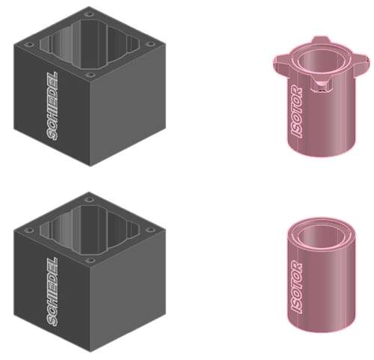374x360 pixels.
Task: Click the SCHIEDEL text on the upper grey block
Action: click(52, 106)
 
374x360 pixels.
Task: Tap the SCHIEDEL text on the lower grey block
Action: click(52, 292)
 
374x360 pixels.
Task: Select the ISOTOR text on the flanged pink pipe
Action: click(297, 112)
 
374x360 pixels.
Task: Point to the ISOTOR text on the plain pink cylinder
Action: click(297, 287)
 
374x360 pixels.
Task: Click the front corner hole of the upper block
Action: click(90, 75)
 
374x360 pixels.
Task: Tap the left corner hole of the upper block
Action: click(30, 45)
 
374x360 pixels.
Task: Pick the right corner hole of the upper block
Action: click(150, 44)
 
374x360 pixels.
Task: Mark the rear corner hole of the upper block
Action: click(88, 14)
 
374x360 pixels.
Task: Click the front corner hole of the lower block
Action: click(90, 260)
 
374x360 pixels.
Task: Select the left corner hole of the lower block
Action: click(30, 230)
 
